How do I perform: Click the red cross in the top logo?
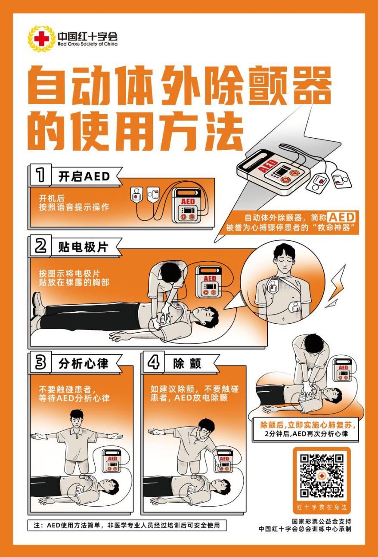41,39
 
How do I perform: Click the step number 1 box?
40,176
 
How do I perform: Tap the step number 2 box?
40,246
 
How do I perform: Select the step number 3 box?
40,363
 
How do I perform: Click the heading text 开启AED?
84,176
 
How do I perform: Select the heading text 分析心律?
84,363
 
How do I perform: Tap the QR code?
322,476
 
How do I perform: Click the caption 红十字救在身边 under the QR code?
322,506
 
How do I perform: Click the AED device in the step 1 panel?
188,206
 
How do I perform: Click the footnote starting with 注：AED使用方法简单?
127,525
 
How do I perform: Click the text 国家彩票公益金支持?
321,521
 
